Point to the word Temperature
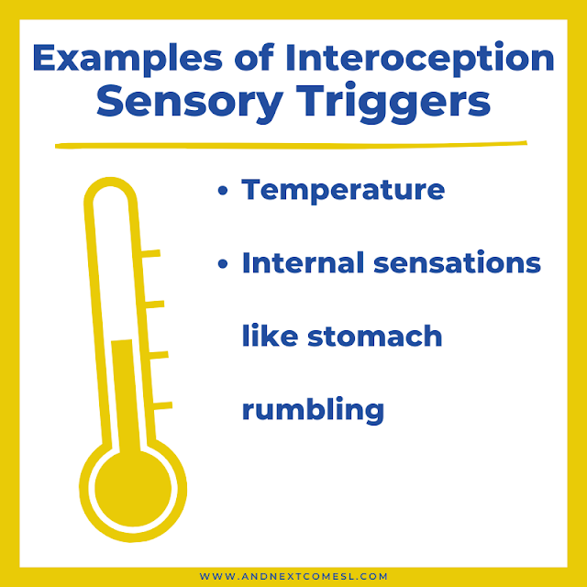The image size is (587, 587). pos(343,191)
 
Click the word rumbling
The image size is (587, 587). pos(313,410)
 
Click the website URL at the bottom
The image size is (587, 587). pos(293,577)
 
